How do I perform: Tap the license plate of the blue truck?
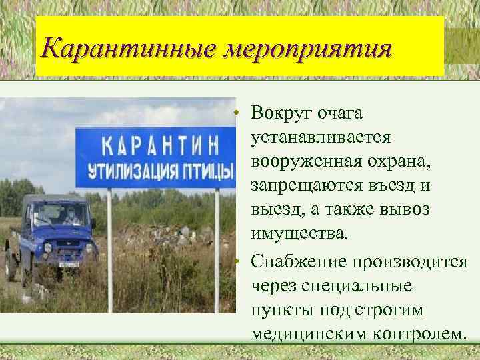tap(69, 264)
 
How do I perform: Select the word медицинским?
tap(311, 333)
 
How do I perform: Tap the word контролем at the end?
tap(419, 333)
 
